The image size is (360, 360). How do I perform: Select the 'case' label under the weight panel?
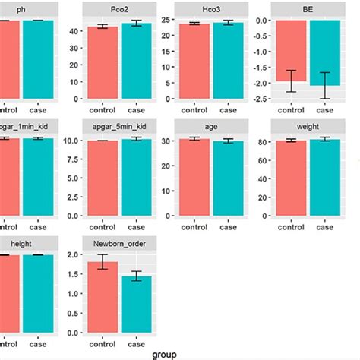pos(324,227)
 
